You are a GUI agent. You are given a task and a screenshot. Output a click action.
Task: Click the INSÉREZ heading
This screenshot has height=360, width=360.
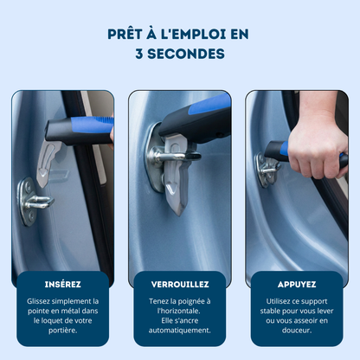[x=62, y=284]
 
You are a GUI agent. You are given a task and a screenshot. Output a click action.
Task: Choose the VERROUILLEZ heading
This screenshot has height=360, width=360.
[x=180, y=284]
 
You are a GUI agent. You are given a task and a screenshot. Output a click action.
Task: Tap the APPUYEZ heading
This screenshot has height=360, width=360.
[x=297, y=284]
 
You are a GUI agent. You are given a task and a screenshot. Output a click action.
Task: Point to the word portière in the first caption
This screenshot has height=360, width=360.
[x=62, y=330]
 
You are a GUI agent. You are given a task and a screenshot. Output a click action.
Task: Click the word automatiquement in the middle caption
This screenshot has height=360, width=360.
[x=180, y=330]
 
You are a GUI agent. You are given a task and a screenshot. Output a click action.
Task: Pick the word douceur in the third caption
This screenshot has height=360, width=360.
[x=297, y=330]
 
